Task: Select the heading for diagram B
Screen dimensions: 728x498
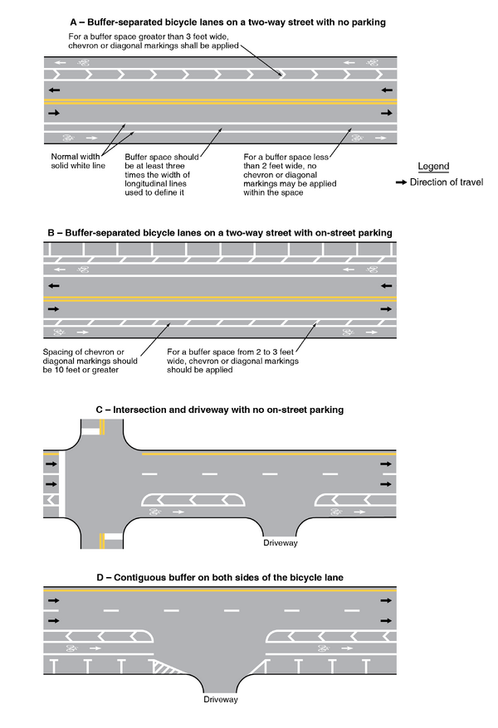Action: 219,233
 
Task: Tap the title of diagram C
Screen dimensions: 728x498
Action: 219,410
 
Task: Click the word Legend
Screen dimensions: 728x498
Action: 432,166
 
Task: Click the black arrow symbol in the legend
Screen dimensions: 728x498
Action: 400,182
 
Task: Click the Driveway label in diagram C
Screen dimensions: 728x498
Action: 280,543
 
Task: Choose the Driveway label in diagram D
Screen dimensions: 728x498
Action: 221,700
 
